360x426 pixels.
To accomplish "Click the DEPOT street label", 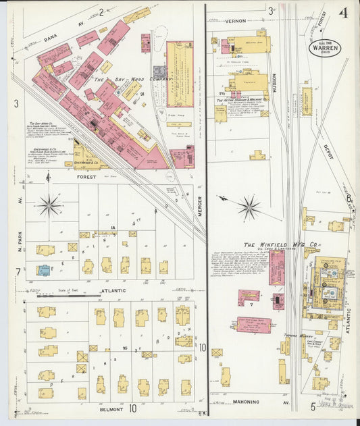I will [x=328, y=151].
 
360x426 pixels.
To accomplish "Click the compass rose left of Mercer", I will [x=49, y=204].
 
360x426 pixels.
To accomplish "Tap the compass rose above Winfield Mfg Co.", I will [x=249, y=207].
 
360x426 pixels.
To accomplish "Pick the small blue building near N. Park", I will [x=43, y=270].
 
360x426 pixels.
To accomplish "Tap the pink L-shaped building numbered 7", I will [x=249, y=296].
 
